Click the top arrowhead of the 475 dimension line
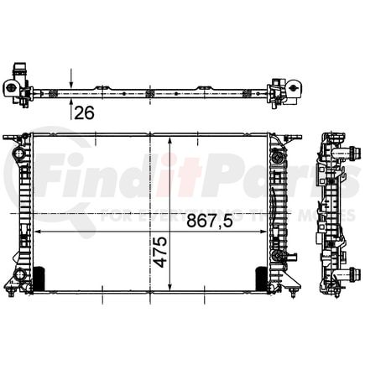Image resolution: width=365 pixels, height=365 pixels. pyautogui.click(x=171, y=138)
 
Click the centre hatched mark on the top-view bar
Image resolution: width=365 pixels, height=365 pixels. pyautogui.click(x=149, y=92)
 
